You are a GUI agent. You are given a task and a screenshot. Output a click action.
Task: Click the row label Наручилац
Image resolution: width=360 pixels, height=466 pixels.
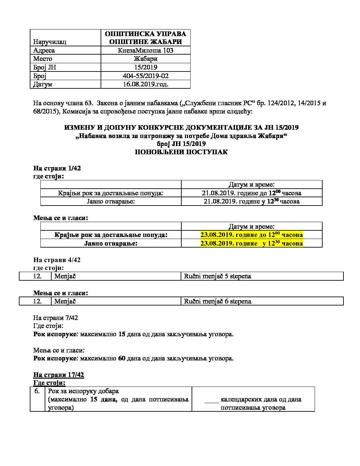pyautogui.click(x=50, y=42)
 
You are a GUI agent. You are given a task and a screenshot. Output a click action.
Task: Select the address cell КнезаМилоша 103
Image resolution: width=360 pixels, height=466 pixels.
pyautogui.click(x=145, y=50)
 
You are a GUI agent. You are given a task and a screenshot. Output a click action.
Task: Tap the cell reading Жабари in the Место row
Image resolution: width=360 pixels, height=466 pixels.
pyautogui.click(x=145, y=59)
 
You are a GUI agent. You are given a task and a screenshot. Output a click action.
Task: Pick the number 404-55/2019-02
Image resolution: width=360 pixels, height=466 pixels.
pyautogui.click(x=145, y=76)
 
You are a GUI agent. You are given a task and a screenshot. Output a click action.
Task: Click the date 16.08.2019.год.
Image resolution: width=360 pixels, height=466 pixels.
pyautogui.click(x=145, y=84)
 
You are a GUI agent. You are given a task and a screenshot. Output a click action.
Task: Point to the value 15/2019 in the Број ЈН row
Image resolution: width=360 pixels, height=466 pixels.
pyautogui.click(x=145, y=67)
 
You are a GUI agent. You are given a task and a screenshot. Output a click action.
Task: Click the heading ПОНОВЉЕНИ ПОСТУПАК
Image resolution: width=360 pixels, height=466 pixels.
pyautogui.click(x=181, y=152)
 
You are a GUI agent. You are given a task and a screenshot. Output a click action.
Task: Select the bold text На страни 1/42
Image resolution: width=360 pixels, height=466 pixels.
pyautogui.click(x=57, y=168)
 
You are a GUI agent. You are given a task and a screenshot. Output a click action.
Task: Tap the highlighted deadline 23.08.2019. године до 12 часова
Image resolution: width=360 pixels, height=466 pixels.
pyautogui.click(x=251, y=235)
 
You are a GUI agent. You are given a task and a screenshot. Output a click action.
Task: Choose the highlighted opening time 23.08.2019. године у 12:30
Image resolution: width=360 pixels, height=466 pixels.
pyautogui.click(x=251, y=243)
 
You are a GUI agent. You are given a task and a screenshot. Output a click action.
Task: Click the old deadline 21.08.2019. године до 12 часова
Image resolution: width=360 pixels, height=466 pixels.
pyautogui.click(x=251, y=193)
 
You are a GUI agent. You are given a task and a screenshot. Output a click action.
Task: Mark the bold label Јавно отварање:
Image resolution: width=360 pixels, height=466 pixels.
pyautogui.click(x=111, y=243)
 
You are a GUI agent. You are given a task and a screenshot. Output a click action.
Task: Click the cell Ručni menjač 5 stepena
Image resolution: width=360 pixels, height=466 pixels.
pyautogui.click(x=217, y=276)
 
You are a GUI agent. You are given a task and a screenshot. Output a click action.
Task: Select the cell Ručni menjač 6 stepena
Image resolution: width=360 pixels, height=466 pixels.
pyautogui.click(x=217, y=301)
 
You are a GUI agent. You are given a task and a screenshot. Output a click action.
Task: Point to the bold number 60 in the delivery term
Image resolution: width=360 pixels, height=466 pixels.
pyautogui.click(x=121, y=358)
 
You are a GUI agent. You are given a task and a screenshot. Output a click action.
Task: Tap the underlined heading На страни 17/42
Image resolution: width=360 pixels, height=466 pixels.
pyautogui.click(x=59, y=375)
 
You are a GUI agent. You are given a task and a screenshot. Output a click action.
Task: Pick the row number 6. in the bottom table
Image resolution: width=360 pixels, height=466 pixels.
pyautogui.click(x=37, y=391)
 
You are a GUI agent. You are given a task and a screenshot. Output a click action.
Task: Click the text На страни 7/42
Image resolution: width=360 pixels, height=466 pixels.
pyautogui.click(x=56, y=318)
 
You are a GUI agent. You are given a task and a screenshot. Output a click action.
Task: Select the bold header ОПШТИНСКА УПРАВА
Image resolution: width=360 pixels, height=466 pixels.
pyautogui.click(x=145, y=34)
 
